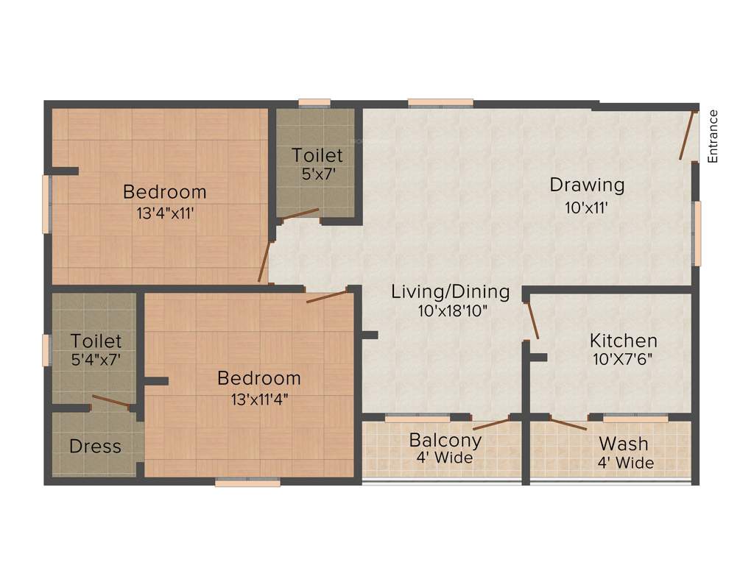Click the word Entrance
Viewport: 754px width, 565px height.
tap(712, 136)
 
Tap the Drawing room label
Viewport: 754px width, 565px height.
tap(587, 185)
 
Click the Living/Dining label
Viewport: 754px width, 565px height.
tap(450, 291)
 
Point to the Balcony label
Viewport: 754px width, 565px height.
tap(445, 441)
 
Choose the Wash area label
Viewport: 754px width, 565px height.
tap(624, 444)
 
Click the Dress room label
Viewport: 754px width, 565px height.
tap(95, 447)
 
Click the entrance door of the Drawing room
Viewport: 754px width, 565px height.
tap(688, 135)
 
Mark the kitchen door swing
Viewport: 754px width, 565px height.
tap(532, 321)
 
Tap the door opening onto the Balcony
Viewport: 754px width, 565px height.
tap(490, 424)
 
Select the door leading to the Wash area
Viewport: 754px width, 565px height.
tap(568, 424)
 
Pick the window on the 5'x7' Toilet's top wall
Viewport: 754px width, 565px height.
tap(314, 104)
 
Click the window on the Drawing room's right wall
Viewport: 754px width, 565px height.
tap(697, 233)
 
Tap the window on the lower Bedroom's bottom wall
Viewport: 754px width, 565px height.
tap(247, 483)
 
